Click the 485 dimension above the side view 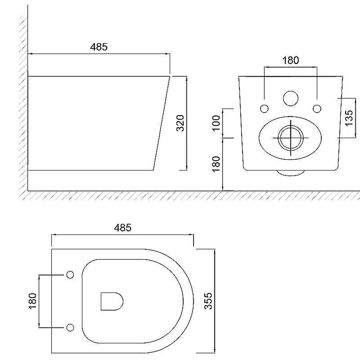pyautogui.click(x=99, y=47)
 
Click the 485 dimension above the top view pyautogui.click(x=122, y=228)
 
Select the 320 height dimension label pyautogui.click(x=180, y=123)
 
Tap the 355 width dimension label pyautogui.click(x=208, y=301)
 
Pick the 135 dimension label pyautogui.click(x=349, y=118)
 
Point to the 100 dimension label pyautogui.click(x=216, y=123)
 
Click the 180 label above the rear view pyautogui.click(x=290, y=60)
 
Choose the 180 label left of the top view pyautogui.click(x=32, y=301)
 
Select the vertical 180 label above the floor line pyautogui.click(x=216, y=164)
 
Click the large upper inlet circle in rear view pyautogui.click(x=291, y=99)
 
